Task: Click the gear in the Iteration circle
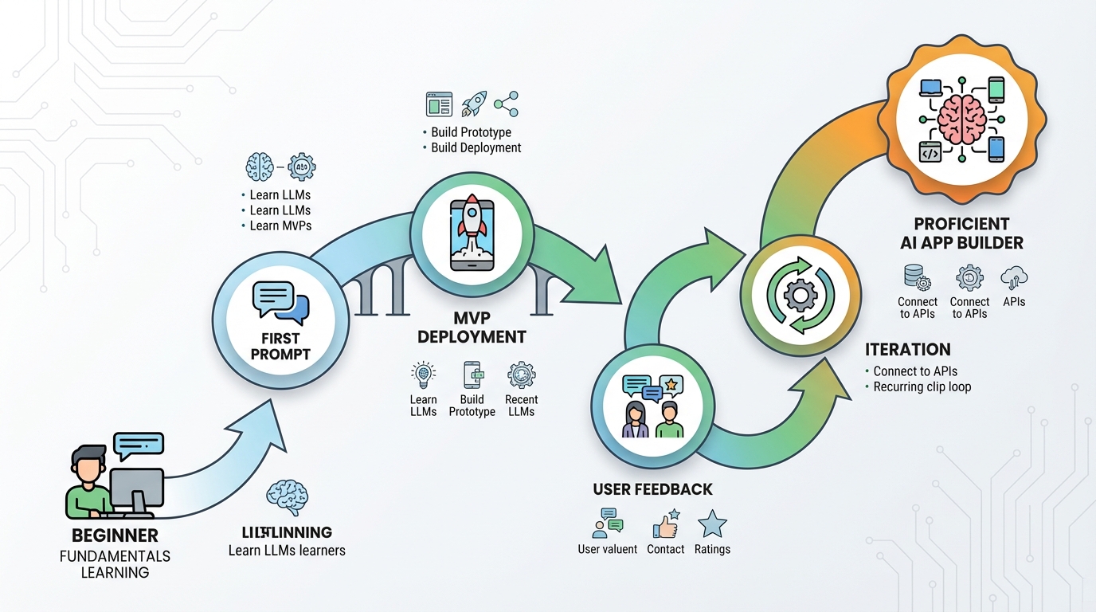pos(799,296)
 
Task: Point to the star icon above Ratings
pos(711,524)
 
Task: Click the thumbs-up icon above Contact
pos(665,524)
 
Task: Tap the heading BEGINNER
pos(115,535)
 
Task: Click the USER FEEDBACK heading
pos(652,489)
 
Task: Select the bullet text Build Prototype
pos(471,132)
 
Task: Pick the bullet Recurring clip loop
pos(922,386)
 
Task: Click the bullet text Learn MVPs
pos(280,226)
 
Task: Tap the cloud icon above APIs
pos(1014,277)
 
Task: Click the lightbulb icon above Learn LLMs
pos(423,374)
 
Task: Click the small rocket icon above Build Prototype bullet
pos(475,104)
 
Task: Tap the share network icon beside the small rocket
pos(506,104)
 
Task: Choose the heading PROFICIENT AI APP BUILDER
pos(961,233)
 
